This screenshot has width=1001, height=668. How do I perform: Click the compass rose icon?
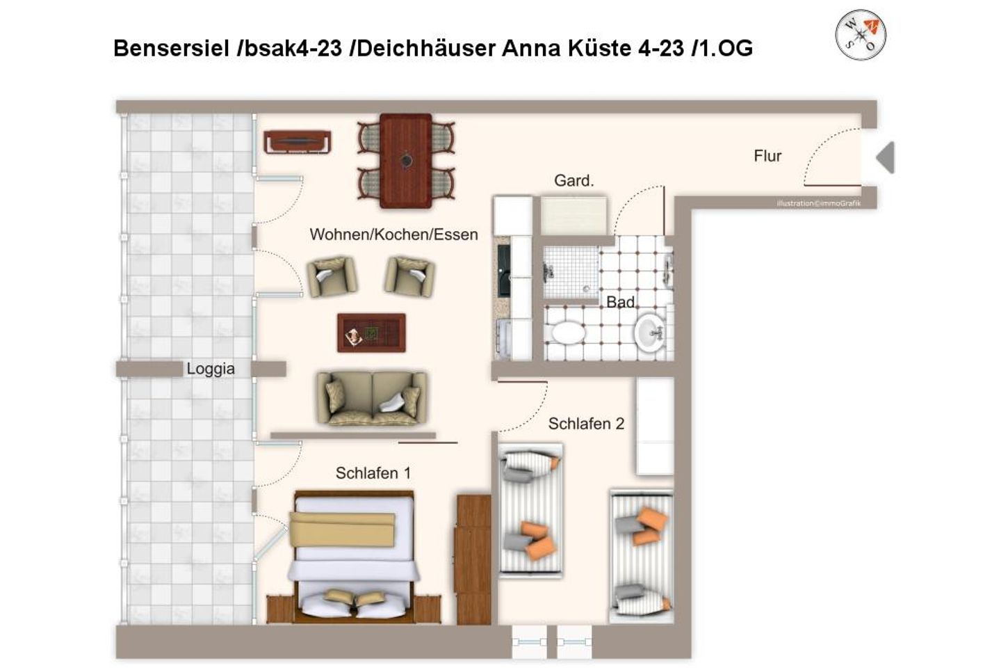tap(861, 34)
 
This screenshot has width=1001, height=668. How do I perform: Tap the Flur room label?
tap(767, 156)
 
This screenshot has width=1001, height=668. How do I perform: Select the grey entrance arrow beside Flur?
tap(885, 157)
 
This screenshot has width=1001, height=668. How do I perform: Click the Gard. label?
tap(573, 181)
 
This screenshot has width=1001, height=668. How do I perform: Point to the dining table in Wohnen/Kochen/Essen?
tap(406, 160)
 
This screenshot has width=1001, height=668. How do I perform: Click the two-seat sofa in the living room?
tap(372, 398)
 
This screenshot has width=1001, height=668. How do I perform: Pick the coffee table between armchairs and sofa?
tap(371, 333)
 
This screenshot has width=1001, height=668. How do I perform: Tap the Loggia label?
tap(211, 369)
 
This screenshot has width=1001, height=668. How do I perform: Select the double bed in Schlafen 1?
tap(355, 557)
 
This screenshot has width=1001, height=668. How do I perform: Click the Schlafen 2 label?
tap(586, 424)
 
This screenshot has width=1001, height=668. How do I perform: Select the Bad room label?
tap(620, 302)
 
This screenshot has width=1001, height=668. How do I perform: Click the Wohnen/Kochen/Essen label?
tap(393, 234)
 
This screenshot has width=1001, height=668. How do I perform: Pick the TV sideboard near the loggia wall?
tap(297, 142)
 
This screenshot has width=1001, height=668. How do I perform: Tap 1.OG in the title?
tap(726, 48)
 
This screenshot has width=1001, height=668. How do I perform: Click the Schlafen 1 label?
tap(373, 473)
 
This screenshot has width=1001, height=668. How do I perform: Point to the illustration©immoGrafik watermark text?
tap(818, 203)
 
